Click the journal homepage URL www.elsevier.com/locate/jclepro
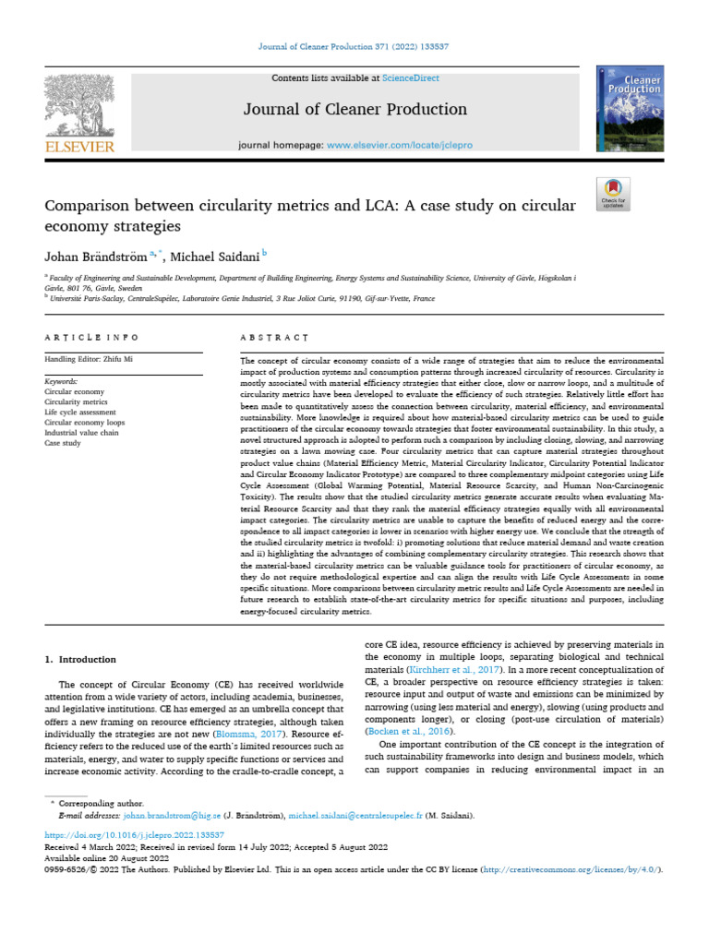[401, 146]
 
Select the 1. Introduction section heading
[81, 660]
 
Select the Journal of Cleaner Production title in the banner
[354, 110]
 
